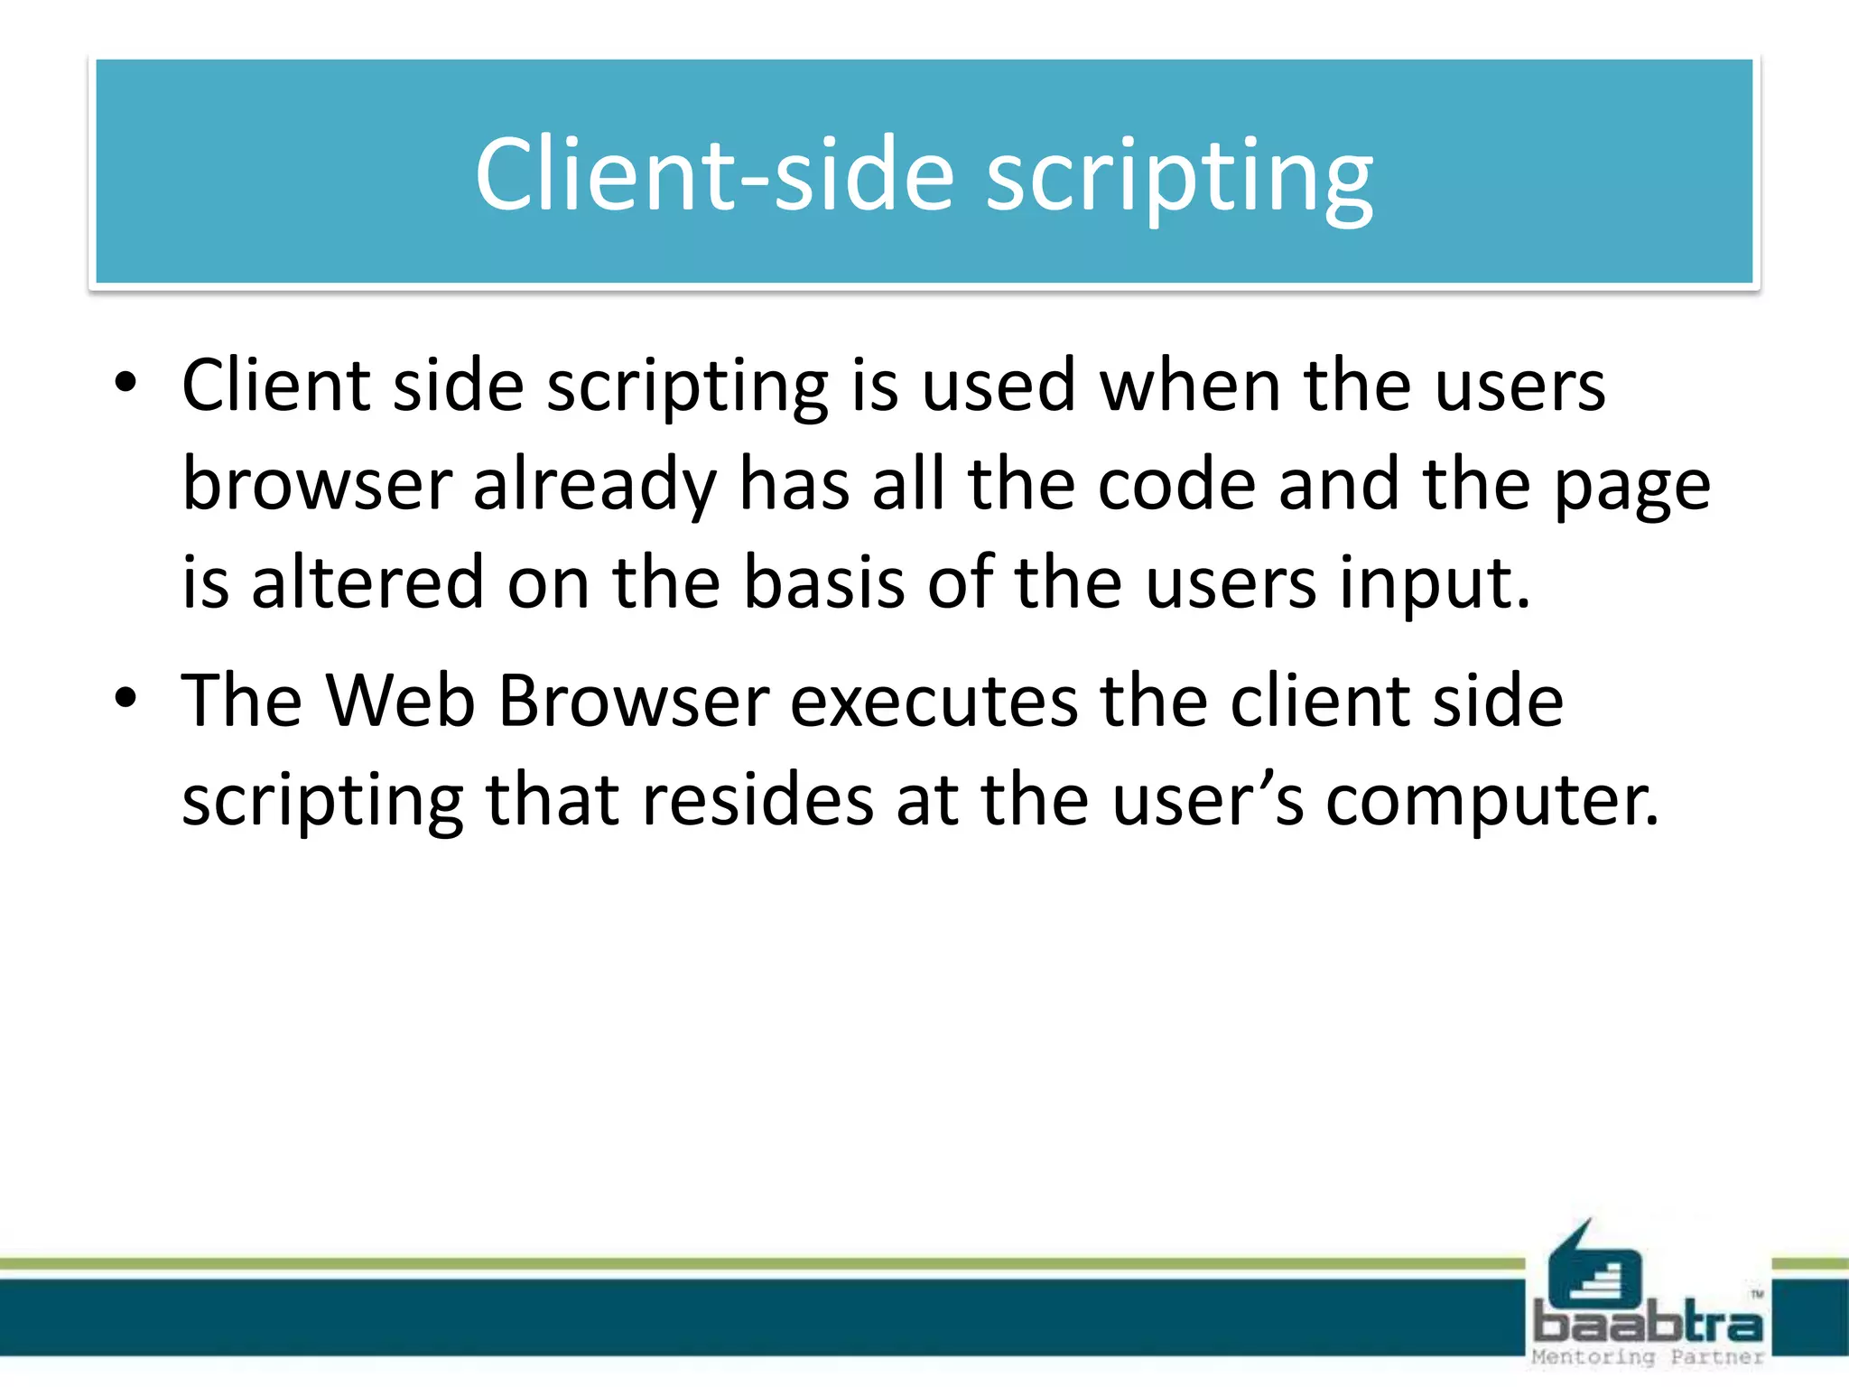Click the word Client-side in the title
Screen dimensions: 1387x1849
click(x=714, y=173)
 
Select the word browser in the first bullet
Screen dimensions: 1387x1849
click(x=317, y=484)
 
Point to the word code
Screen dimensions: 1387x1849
click(x=1176, y=484)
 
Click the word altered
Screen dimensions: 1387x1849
click(x=367, y=582)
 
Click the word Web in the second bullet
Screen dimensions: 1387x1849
click(x=400, y=701)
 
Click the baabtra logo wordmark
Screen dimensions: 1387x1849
click(x=1649, y=1324)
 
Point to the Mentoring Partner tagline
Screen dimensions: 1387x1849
click(x=1649, y=1357)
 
